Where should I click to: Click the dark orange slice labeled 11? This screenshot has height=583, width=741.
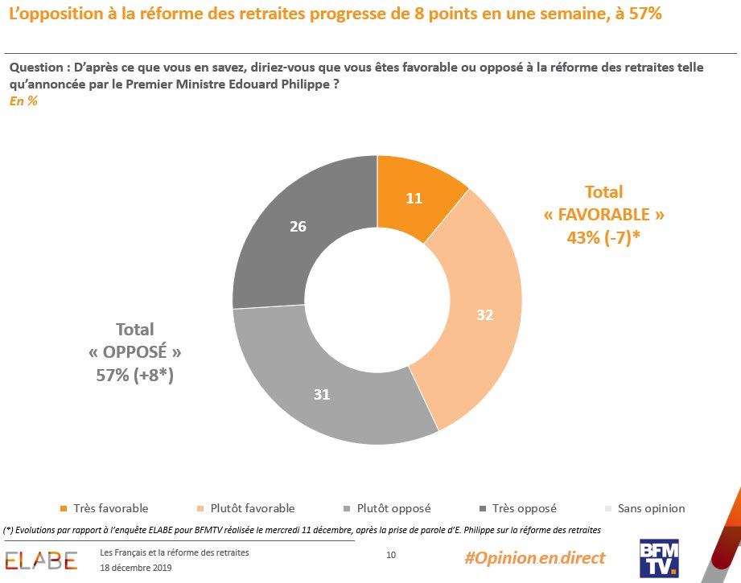point(414,198)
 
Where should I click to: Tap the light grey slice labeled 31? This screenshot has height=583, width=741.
point(322,394)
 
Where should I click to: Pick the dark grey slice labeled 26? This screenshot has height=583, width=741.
point(298,227)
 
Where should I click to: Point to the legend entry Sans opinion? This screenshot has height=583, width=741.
point(649,508)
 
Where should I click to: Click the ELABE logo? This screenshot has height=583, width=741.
point(41,560)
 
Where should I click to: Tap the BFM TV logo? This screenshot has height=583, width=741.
point(659,558)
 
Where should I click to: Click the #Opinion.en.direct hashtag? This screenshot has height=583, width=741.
point(535,558)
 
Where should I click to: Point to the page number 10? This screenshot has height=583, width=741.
point(391,555)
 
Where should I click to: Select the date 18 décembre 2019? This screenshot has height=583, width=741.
point(136,568)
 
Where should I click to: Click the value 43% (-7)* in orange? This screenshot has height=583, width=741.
point(604,238)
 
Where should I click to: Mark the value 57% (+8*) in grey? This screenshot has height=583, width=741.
point(135,376)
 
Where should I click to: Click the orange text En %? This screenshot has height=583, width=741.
point(23,101)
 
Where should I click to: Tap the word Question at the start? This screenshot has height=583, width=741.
point(33,68)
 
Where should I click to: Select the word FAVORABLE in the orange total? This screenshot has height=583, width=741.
point(604,216)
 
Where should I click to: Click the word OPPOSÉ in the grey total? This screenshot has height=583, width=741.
point(135,353)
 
